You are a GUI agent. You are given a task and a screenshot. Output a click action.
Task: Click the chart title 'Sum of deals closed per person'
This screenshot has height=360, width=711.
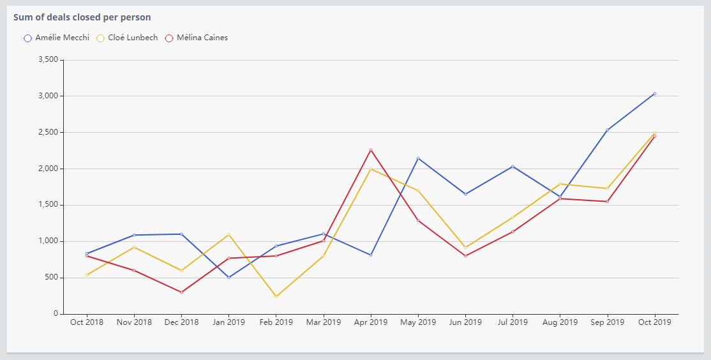coord(82,17)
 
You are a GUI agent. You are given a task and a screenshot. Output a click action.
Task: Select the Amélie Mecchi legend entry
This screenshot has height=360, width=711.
coord(56,38)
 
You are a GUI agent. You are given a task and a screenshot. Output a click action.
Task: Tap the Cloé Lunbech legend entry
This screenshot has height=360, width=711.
coord(127,38)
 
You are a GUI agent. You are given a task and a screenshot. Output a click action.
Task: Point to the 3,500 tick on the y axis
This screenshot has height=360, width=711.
coord(49,60)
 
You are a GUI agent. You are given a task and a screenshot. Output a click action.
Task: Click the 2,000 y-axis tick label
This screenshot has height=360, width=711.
coord(49,169)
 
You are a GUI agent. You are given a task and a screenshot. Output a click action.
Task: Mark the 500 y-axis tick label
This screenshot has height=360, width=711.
coord(51,278)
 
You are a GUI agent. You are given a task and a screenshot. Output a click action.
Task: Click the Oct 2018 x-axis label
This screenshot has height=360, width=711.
coord(87,322)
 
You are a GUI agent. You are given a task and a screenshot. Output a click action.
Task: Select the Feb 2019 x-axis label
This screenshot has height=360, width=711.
coord(276,322)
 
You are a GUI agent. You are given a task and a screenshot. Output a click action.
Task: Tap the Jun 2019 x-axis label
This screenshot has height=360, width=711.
coord(465,322)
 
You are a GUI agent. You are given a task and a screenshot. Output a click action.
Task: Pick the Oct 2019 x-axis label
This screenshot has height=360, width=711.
coord(654,322)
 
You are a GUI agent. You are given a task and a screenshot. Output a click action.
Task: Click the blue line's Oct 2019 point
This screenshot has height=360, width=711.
coord(654,94)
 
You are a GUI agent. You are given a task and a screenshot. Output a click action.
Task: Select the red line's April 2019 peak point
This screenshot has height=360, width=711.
coord(371,150)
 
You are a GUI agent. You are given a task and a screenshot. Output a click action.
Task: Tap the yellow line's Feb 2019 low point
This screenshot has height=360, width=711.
coord(276,296)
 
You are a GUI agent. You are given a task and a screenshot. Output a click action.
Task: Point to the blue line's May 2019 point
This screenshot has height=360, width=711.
coord(418,158)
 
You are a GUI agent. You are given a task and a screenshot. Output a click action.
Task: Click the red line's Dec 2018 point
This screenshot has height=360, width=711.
coord(181,292)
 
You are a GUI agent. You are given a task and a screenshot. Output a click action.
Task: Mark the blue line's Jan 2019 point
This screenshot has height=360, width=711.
coord(228,277)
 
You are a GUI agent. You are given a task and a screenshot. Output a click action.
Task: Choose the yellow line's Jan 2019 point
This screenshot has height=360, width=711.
coord(228,235)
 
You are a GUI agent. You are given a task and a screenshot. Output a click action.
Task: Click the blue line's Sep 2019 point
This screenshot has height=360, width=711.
coord(607,130)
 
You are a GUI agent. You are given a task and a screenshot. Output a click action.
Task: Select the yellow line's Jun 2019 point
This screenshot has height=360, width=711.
coord(465,247)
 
